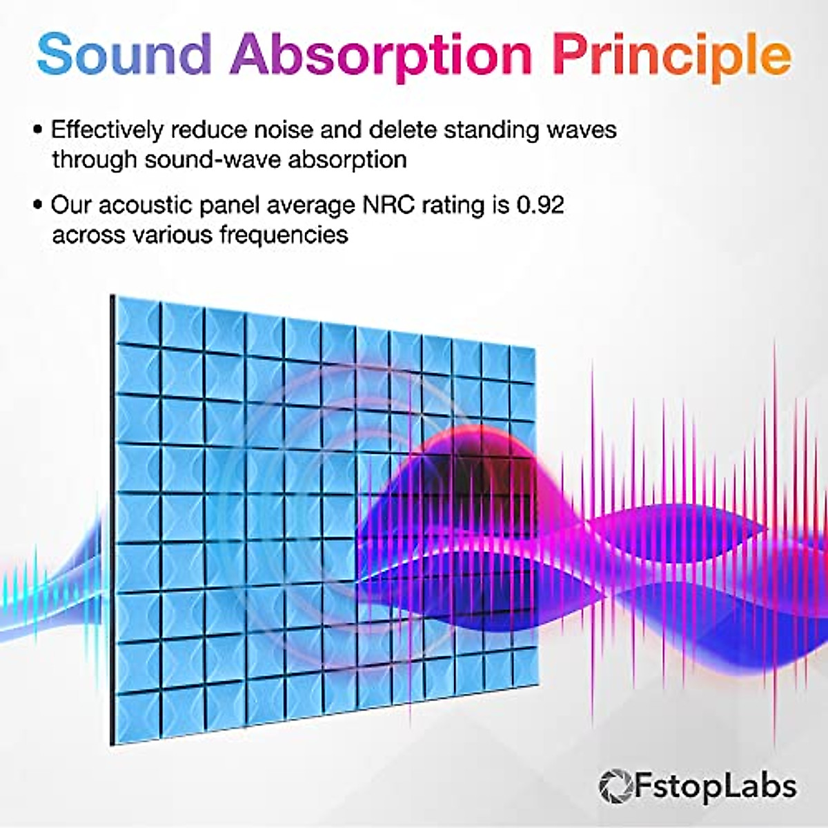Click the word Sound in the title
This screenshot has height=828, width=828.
pyautogui.click(x=124, y=54)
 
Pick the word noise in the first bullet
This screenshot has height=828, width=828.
pyautogui.click(x=284, y=130)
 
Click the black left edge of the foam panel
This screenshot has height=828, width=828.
pyautogui.click(x=112, y=517)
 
